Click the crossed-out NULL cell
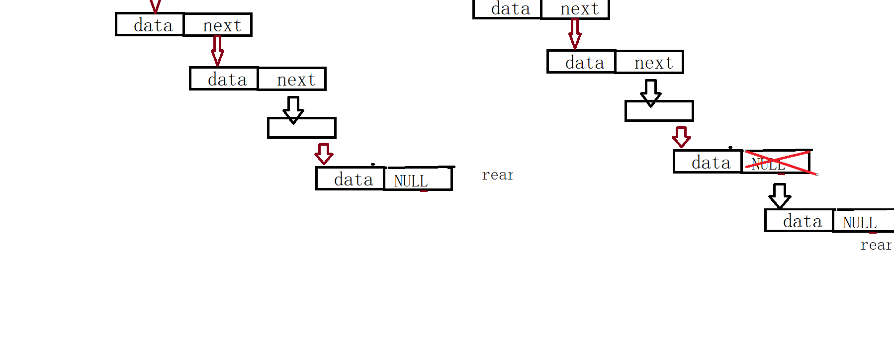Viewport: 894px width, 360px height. pos(776,162)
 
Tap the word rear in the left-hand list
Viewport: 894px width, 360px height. pos(497,175)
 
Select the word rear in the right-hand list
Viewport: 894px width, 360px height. pos(876,245)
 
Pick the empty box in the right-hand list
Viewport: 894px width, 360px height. pos(659,111)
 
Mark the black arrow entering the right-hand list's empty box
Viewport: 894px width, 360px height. pos(650,92)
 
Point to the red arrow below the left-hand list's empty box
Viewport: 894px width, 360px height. pos(324,154)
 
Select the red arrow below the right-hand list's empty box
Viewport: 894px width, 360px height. pos(681,137)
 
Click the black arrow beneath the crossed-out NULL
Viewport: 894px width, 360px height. pos(779,195)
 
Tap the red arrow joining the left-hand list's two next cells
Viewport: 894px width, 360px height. pos(217,51)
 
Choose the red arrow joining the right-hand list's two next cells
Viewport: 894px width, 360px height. pos(575,34)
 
